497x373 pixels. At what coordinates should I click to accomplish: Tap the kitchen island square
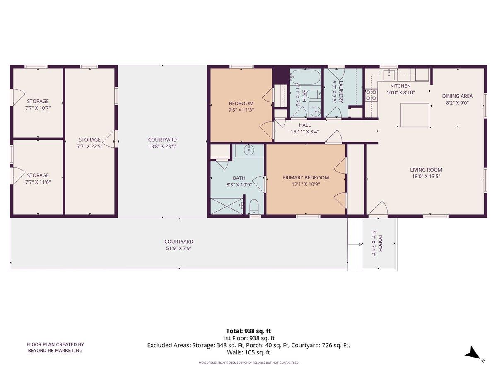click(415, 115)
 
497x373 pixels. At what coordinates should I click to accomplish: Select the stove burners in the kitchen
click(371, 95)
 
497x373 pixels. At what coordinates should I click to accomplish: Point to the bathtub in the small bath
click(305, 77)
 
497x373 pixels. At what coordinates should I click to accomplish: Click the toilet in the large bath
click(254, 206)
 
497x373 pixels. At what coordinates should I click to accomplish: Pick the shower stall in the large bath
click(227, 206)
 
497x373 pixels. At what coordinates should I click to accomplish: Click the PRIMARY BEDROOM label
click(306, 178)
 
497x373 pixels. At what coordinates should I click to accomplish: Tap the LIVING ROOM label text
click(426, 170)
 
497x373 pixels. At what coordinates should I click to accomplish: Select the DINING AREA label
click(457, 96)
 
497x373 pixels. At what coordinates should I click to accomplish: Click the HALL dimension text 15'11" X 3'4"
click(304, 132)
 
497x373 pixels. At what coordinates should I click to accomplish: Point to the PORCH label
click(380, 244)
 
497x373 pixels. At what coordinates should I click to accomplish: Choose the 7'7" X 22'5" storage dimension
click(89, 147)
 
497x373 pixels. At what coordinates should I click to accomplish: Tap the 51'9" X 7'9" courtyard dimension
click(179, 249)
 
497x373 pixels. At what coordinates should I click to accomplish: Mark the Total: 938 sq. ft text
click(248, 331)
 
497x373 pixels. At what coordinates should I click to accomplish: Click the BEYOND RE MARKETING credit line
click(55, 351)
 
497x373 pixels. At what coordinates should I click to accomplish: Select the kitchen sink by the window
click(390, 75)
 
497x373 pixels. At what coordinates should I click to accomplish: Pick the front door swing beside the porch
click(378, 208)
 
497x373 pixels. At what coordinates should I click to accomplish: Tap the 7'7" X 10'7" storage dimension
click(38, 108)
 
